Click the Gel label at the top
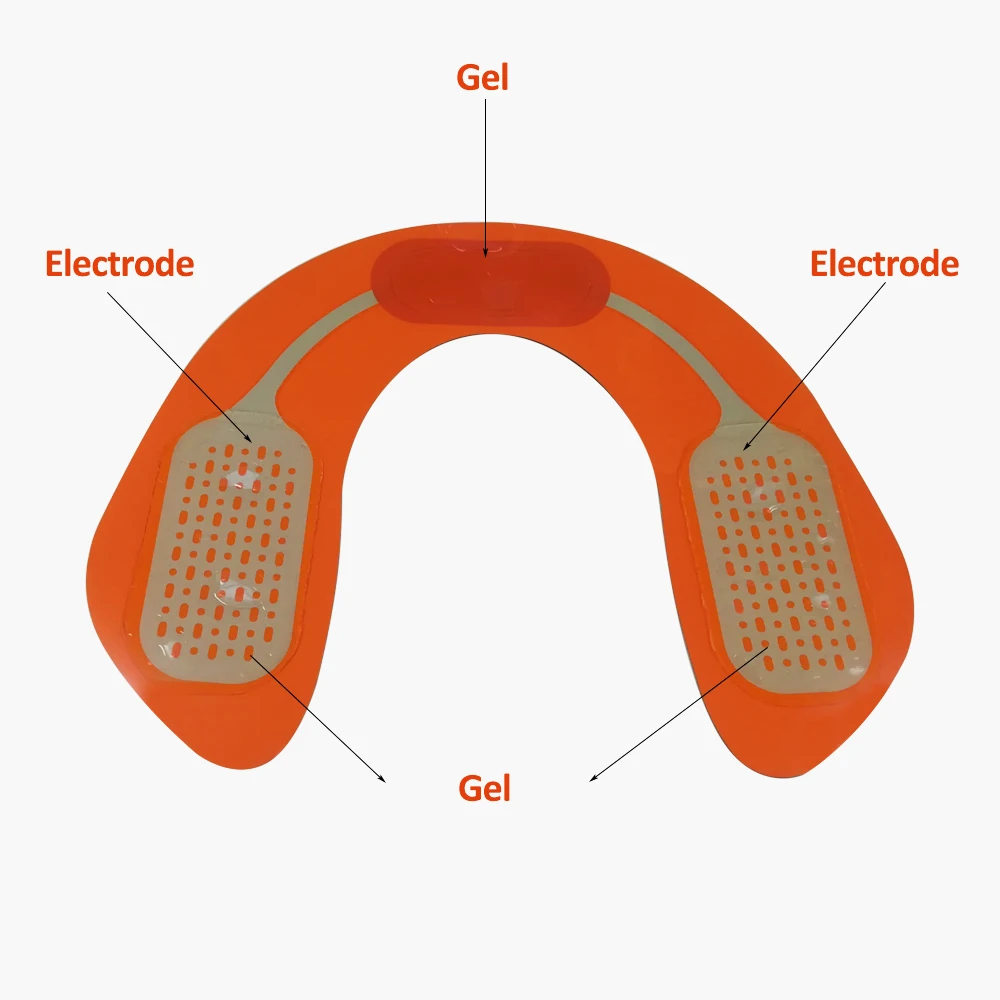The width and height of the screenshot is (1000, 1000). [483, 78]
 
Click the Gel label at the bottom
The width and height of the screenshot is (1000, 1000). [485, 788]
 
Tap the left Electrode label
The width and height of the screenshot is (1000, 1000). [120, 264]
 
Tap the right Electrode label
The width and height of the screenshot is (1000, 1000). [885, 264]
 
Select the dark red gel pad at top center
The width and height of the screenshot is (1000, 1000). [491, 284]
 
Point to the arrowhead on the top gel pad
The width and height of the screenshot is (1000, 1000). [485, 253]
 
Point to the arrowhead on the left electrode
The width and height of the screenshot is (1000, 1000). [249, 438]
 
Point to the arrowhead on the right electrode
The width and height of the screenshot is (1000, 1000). [747, 446]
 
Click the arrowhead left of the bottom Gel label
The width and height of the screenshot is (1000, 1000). [381, 778]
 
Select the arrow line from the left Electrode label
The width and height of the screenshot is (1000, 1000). [180, 367]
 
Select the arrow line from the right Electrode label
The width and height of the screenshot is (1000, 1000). [814, 366]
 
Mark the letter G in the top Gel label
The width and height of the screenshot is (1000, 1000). [469, 78]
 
